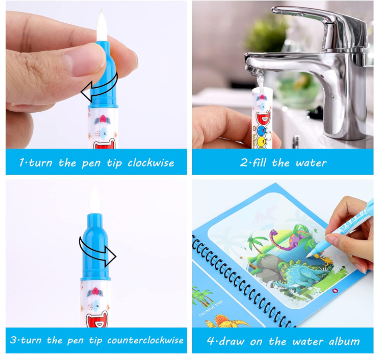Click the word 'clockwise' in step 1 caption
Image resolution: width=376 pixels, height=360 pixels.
[x=151, y=163]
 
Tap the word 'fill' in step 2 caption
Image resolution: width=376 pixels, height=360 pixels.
[x=259, y=163]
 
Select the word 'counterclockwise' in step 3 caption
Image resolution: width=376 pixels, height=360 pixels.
[x=145, y=340]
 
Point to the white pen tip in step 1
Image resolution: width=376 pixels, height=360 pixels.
[x=102, y=26]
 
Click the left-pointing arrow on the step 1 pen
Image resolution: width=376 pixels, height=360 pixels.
[x=99, y=88]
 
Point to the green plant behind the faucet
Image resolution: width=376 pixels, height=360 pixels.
[x=266, y=33]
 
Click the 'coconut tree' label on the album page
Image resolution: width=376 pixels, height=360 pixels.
[x=211, y=308]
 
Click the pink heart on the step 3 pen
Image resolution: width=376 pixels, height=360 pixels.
[x=95, y=292]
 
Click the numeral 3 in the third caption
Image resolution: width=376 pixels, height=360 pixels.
[x=14, y=340]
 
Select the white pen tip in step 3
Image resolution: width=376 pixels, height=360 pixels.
[x=94, y=199]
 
